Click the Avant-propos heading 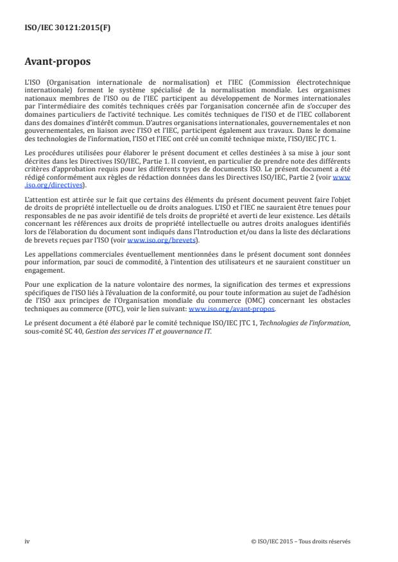tap(56, 63)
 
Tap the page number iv tap(27, 541)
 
